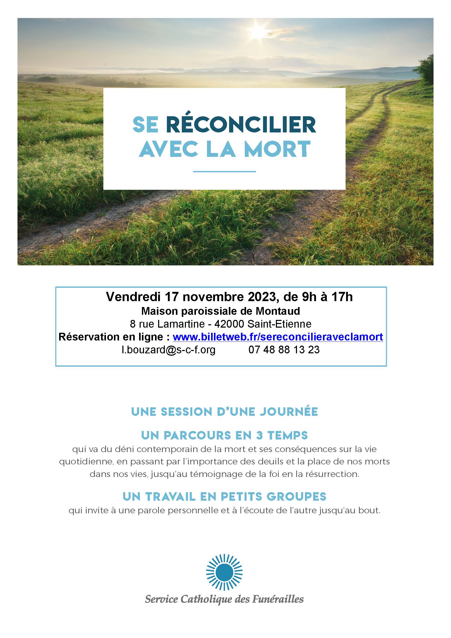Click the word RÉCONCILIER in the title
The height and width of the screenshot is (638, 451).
241,125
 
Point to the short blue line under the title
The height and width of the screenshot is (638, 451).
224,172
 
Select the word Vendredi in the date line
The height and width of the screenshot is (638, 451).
133,297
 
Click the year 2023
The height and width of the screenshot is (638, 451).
262,297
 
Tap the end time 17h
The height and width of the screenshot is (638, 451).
341,297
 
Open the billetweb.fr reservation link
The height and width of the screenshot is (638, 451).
278,337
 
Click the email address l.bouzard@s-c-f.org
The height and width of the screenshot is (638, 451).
168,349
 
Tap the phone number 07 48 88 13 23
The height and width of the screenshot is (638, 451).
284,349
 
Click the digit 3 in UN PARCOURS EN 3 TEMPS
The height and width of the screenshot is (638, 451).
259,435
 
